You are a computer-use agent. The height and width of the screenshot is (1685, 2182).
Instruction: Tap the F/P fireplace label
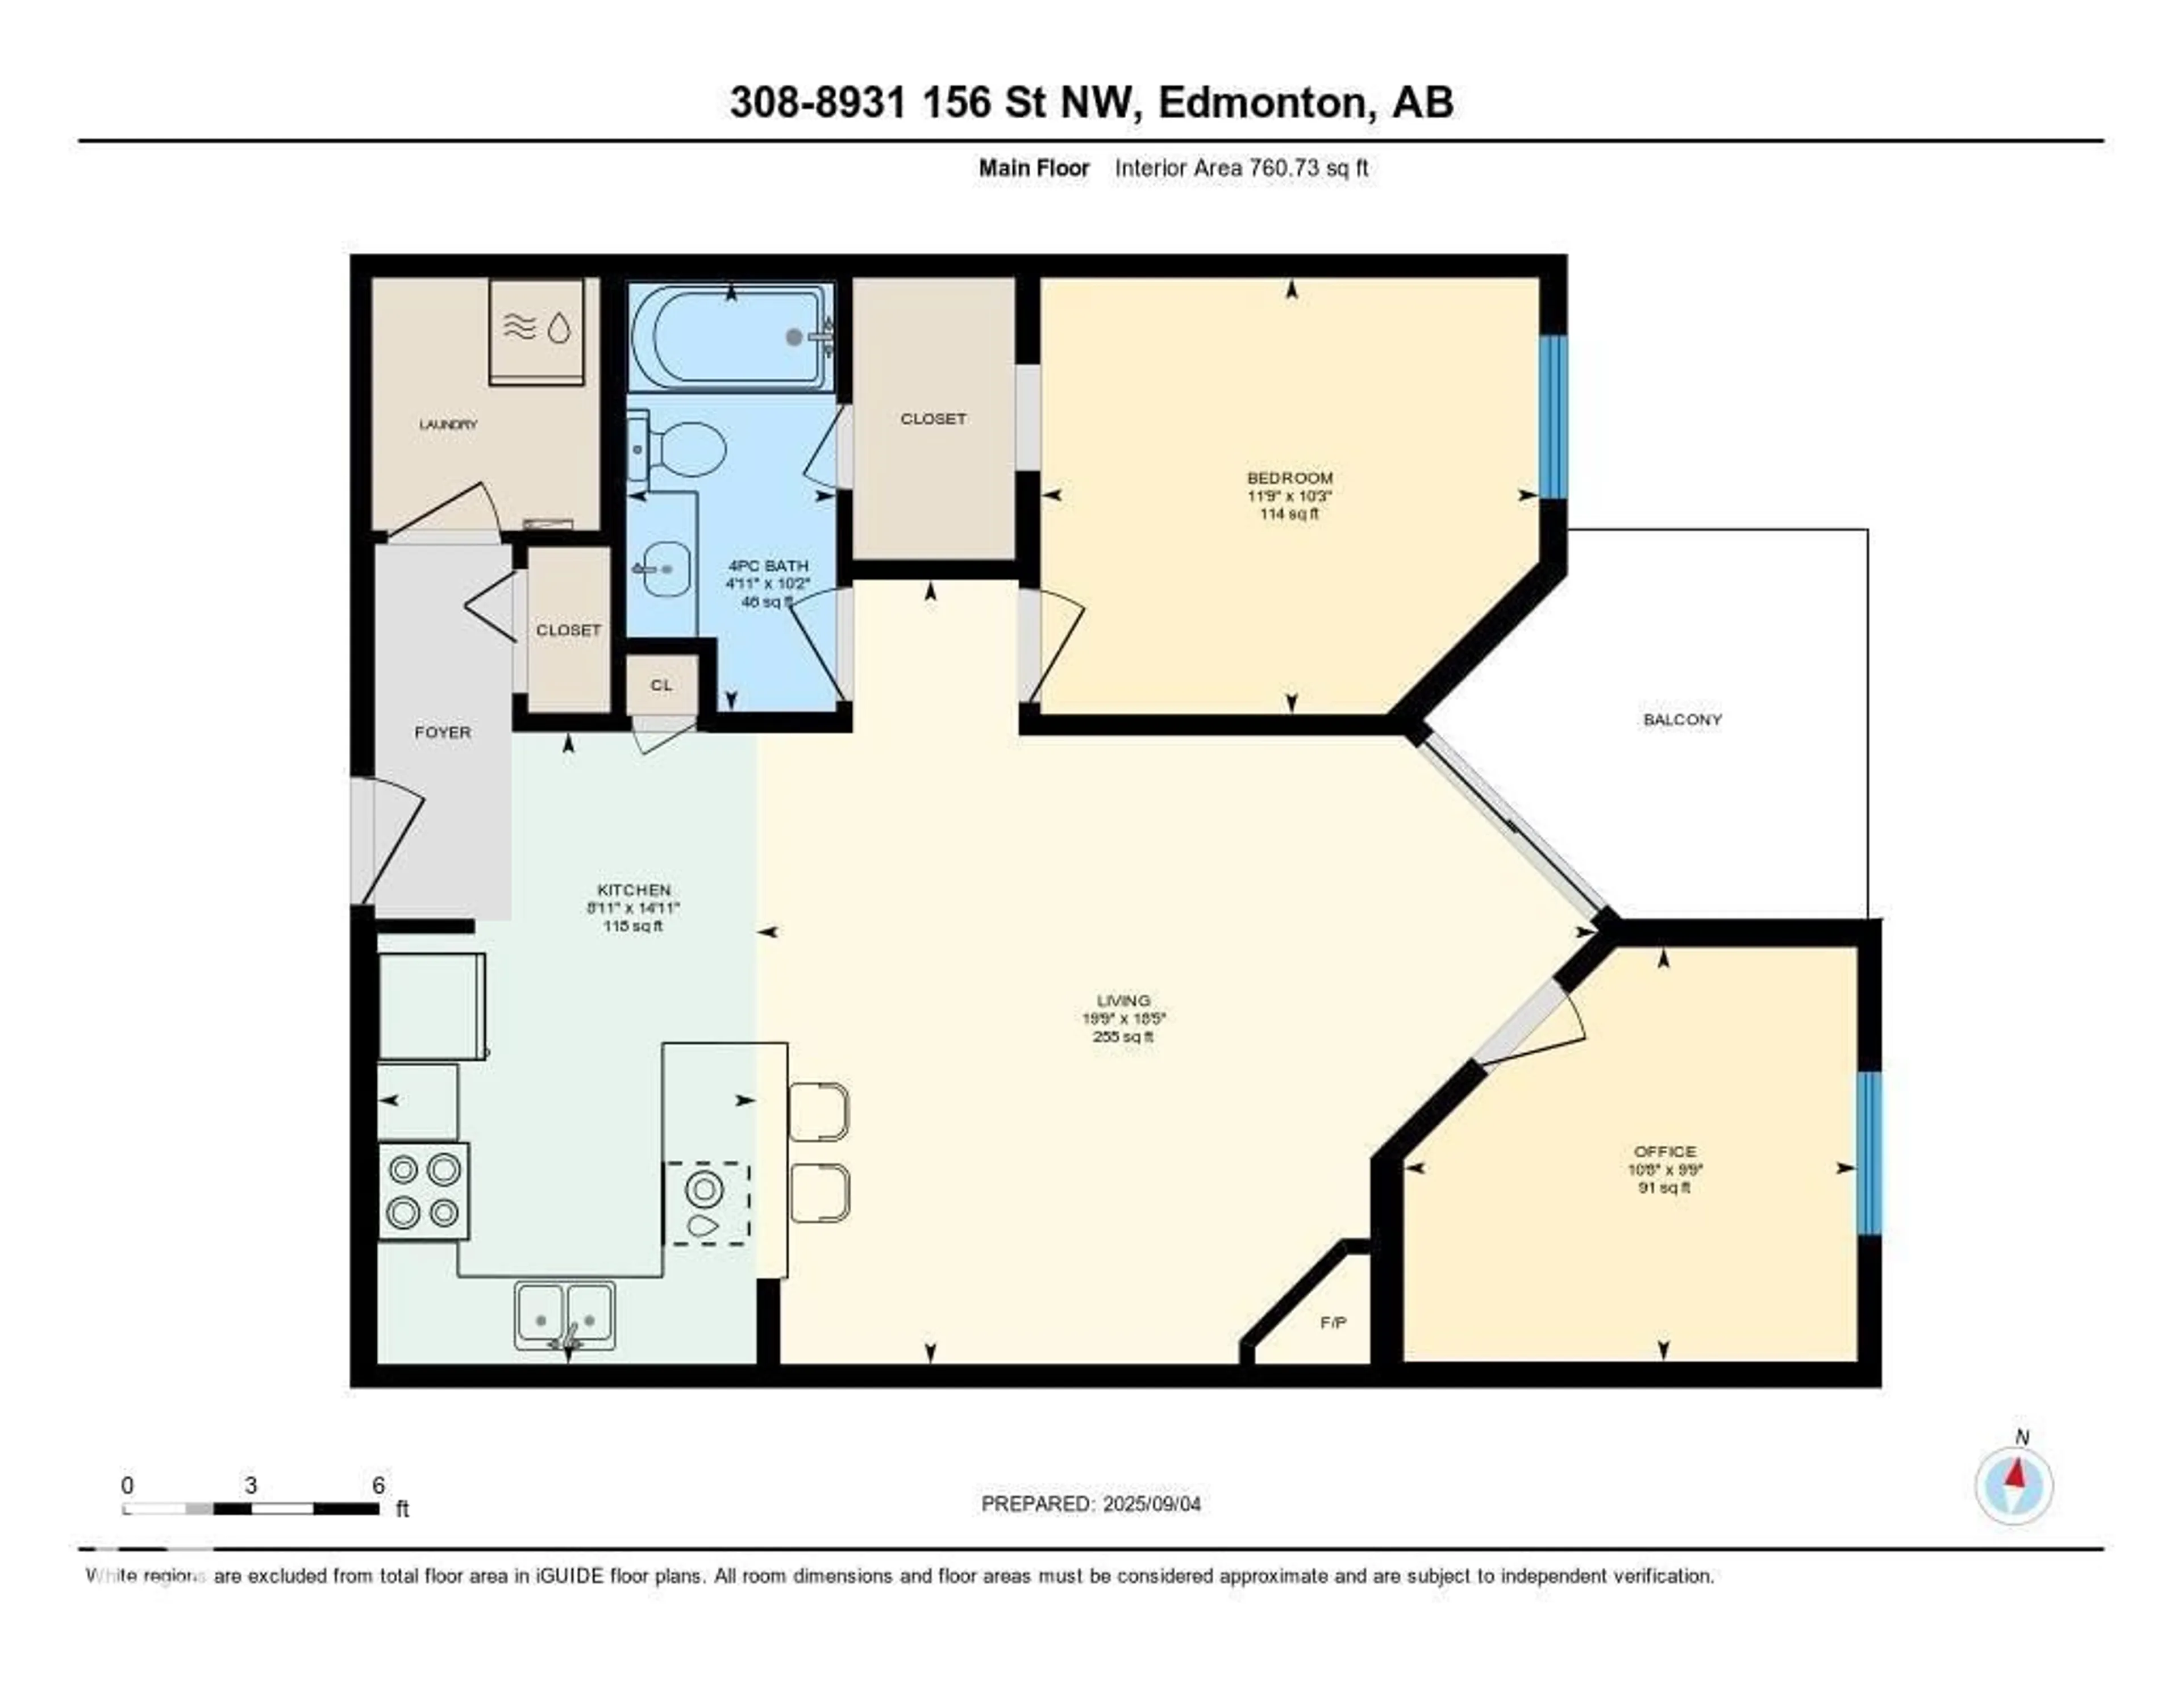(1332, 1323)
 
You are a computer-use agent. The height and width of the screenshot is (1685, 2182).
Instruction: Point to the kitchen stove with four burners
(423, 1191)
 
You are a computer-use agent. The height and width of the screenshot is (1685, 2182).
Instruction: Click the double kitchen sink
(564, 1316)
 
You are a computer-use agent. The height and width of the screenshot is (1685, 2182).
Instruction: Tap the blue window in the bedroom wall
(1552, 418)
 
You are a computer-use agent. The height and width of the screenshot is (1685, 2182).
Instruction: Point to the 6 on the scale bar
(378, 1485)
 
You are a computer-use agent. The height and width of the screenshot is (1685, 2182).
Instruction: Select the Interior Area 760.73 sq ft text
(1241, 168)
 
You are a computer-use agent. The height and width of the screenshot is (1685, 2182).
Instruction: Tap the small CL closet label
(661, 685)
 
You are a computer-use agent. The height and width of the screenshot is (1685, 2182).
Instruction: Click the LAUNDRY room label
(448, 424)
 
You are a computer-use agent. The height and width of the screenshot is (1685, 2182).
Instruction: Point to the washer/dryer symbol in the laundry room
(536, 330)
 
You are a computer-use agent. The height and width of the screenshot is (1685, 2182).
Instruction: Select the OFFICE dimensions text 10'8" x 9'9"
(1664, 1170)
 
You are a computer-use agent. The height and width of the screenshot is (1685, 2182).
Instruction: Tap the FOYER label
(443, 732)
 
